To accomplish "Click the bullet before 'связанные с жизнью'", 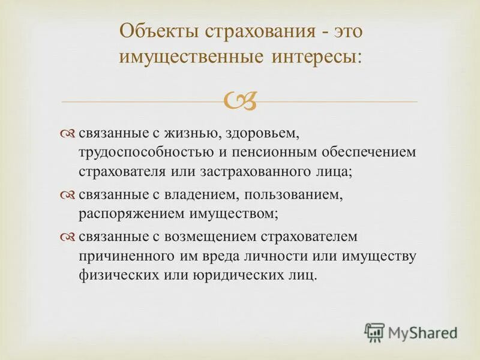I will (68, 133).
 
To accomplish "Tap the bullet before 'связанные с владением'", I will (68, 196).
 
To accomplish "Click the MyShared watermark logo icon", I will (374, 332).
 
